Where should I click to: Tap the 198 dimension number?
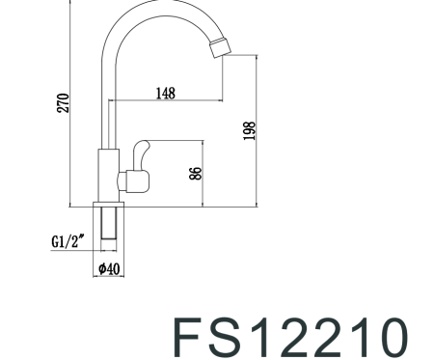point(249,131)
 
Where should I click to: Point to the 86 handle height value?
point(195,174)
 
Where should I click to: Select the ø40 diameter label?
point(108,269)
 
